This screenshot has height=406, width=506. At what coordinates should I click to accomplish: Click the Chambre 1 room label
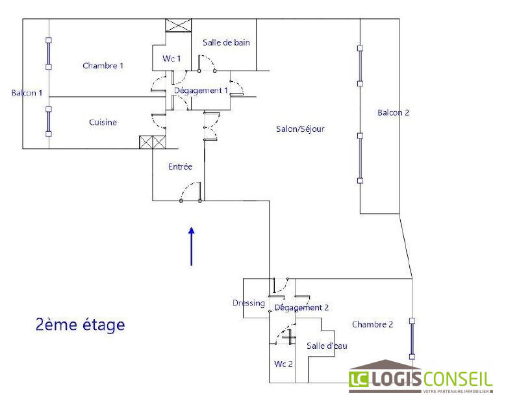click(103, 66)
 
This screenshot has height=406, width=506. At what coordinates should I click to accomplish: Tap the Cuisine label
click(103, 122)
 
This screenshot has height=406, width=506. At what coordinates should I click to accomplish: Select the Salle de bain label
click(226, 43)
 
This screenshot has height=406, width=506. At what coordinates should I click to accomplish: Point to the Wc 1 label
click(171, 59)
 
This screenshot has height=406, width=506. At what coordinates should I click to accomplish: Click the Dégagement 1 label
click(201, 90)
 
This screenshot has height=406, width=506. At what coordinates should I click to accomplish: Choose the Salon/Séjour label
click(300, 129)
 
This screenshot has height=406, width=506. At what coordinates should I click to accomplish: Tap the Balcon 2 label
click(393, 112)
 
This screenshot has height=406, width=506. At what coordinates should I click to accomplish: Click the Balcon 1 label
click(27, 93)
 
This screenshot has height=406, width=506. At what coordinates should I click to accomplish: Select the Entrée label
click(180, 166)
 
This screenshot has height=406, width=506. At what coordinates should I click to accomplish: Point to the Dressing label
click(248, 303)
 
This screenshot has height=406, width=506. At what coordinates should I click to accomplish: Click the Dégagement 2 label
click(302, 307)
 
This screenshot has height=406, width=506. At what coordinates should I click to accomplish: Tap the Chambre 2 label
click(372, 324)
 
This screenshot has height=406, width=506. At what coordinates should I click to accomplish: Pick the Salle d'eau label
click(327, 346)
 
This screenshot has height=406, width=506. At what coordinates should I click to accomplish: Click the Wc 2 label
click(283, 364)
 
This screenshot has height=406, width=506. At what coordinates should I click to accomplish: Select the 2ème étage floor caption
click(80, 324)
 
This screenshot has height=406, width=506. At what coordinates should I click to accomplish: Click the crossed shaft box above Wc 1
click(179, 25)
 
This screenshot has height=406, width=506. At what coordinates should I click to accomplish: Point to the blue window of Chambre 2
click(411, 338)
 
